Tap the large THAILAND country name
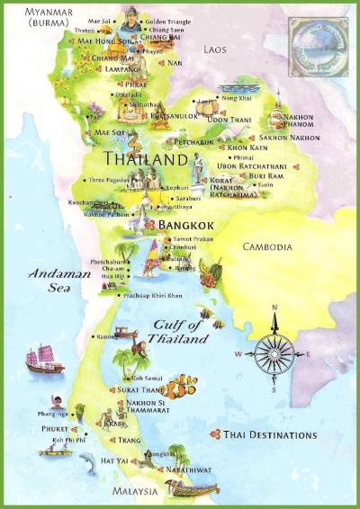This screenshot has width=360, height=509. coord(128,160)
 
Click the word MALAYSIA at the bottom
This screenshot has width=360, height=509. coord(136,492)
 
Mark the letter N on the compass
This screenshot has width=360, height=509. coord(274,309)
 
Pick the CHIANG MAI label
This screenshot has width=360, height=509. coord(112,58)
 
